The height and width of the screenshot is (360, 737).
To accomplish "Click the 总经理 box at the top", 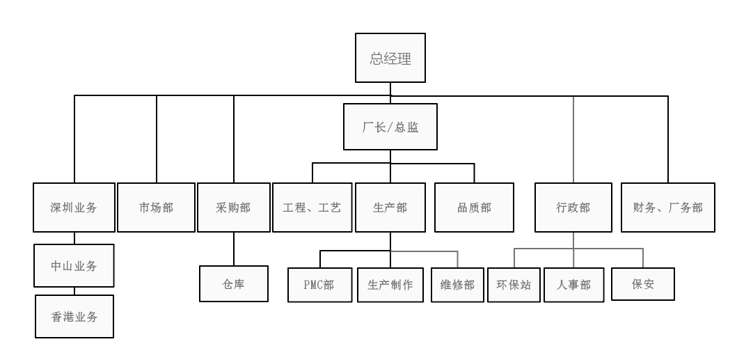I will [390, 59].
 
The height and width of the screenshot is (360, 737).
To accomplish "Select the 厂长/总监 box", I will [390, 127].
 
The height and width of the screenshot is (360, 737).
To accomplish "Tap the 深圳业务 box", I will [74, 208].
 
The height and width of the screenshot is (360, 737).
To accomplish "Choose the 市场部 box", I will [156, 208].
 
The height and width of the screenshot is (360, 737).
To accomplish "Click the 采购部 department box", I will [233, 208].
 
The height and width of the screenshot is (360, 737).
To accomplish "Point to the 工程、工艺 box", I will [312, 208].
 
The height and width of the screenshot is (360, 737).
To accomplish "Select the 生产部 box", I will [390, 208].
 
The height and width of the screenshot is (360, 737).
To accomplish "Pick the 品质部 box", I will [474, 208].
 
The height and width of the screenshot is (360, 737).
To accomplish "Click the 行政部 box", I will [573, 208].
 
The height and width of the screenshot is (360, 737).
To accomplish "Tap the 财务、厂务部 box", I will [668, 208].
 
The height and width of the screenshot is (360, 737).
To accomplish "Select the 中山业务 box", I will [74, 265].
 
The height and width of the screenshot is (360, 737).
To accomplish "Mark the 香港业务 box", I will [74, 317].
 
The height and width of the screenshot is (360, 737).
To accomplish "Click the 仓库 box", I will [233, 284].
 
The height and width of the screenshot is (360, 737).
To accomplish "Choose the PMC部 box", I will [319, 285].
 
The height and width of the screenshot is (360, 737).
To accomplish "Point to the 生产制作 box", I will [390, 285].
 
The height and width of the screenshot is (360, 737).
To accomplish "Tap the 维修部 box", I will [457, 285].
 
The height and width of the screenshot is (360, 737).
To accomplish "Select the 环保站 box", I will [514, 285].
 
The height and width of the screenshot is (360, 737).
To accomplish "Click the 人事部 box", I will [573, 285].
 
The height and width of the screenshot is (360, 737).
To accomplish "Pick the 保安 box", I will [643, 284].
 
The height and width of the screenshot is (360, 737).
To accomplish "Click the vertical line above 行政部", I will [573, 139].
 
